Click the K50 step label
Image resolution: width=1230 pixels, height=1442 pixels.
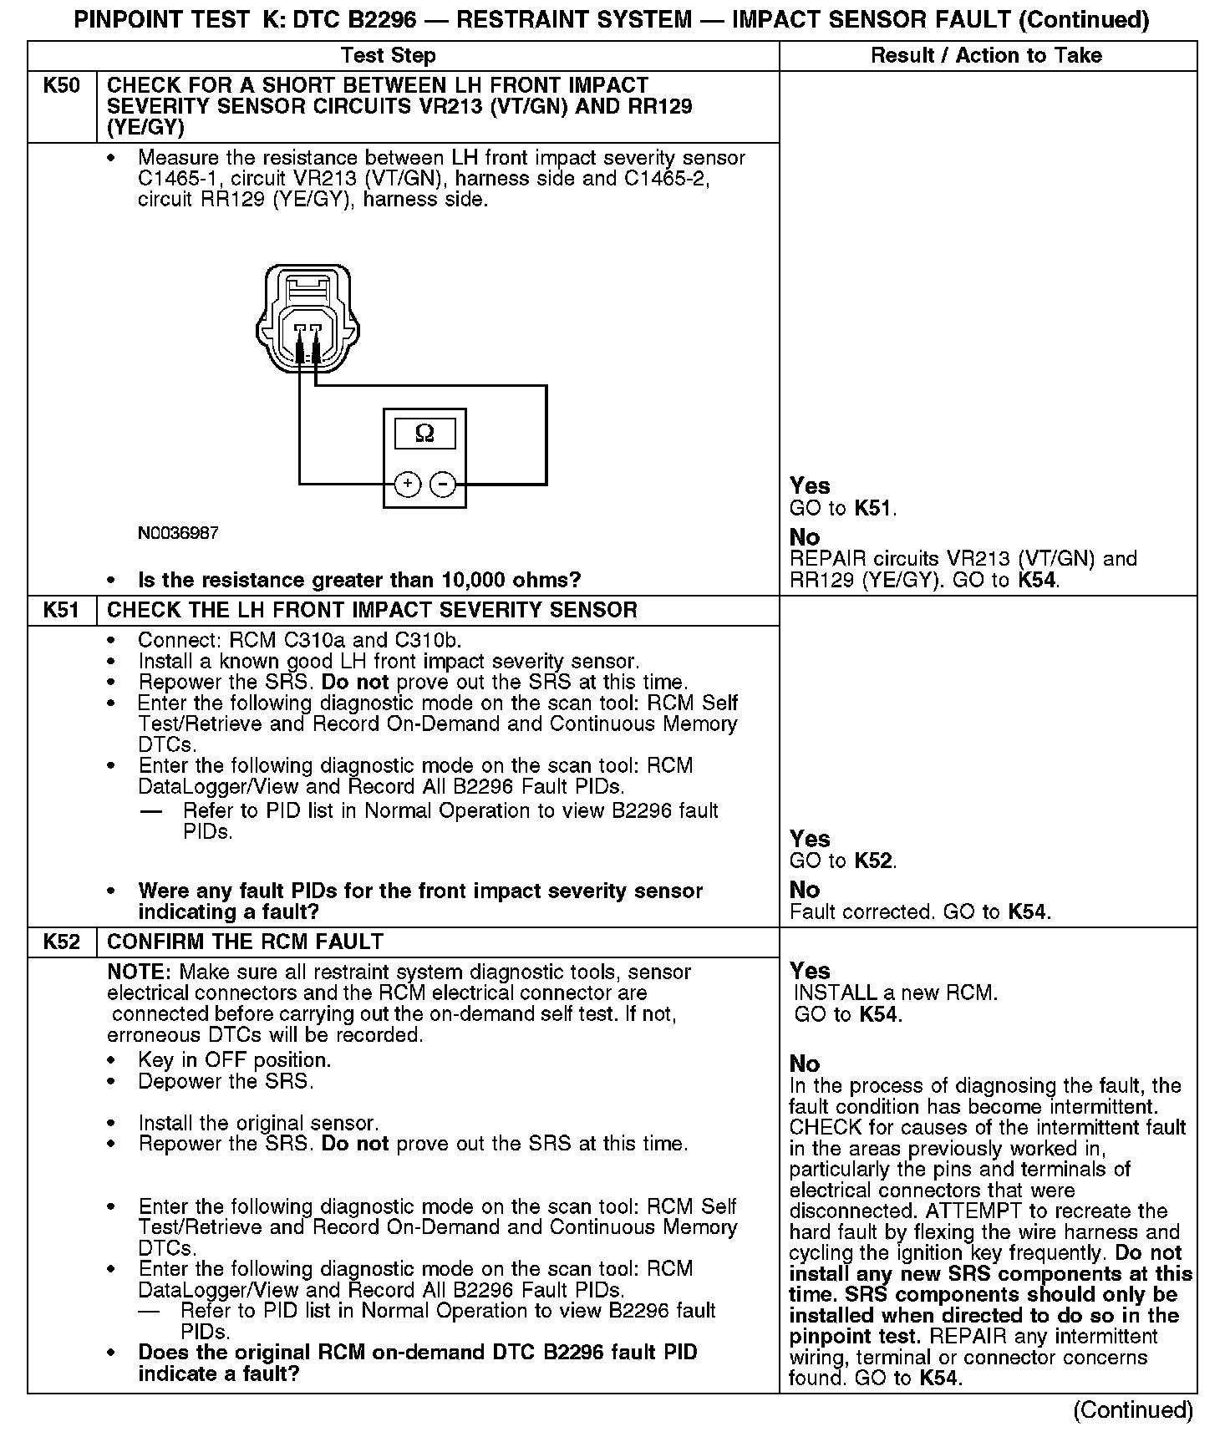pos(62,86)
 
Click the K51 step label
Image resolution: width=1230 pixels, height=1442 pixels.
pos(62,610)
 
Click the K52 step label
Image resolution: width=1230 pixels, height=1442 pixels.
pos(62,942)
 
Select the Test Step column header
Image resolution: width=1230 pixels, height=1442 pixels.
pos(389,56)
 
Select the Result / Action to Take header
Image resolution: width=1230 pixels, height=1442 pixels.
pos(986,56)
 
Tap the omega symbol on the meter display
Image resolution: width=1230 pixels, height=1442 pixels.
pos(424,434)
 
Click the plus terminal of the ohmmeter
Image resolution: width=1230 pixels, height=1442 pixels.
pos(407,484)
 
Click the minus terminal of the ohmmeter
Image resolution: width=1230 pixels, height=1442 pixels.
pos(443,484)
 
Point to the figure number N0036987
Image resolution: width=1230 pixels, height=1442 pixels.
pos(178,533)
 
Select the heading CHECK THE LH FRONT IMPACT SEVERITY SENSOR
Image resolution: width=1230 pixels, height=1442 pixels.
pos(373,610)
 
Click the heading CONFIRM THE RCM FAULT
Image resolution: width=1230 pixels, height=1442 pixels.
pos(245,942)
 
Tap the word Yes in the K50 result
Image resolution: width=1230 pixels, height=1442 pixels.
pos(810,486)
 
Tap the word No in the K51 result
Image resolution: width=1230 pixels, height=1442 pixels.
pos(805,890)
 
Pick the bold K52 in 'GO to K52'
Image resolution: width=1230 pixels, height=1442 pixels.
pos(875,861)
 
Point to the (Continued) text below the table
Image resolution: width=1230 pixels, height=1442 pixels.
pos(1133,1410)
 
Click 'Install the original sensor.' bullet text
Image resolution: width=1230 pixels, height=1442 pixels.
pos(258,1123)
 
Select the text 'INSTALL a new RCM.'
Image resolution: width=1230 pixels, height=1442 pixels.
pos(895,993)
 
